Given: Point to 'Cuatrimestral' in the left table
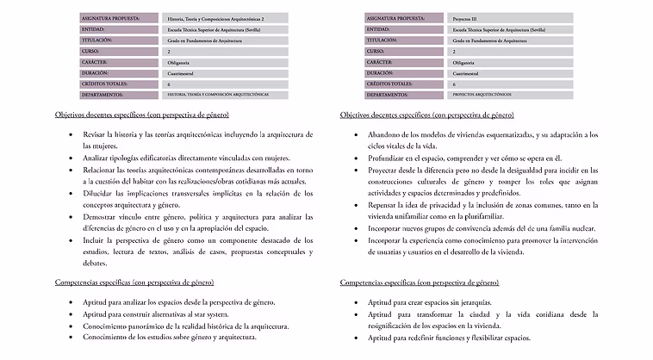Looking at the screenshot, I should [x=183, y=73].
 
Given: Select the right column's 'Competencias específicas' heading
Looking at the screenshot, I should [x=418, y=282].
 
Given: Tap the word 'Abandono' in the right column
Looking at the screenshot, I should [x=385, y=135].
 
